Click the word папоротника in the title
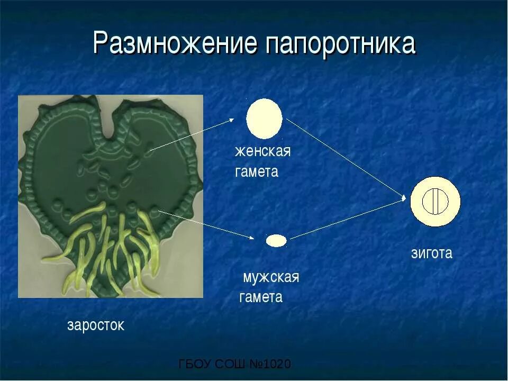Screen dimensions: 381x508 point(341,44)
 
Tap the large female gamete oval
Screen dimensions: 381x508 point(265,119)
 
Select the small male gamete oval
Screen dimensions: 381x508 point(276,241)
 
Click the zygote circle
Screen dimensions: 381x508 point(436,202)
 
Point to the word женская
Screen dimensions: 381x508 point(263,151)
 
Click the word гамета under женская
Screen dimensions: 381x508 point(257,172)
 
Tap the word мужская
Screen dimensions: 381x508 point(271,277)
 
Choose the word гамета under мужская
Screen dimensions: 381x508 point(261,297)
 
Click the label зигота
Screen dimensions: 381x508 point(432,253)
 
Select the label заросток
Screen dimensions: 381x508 point(96,325)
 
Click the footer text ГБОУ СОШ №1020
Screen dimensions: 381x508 point(235,365)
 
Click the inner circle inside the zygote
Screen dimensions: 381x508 point(436,202)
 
